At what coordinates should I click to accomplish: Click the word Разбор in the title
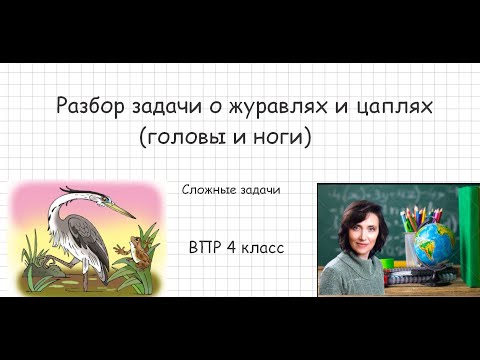(x=83, y=105)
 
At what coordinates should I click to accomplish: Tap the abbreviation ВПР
(x=205, y=246)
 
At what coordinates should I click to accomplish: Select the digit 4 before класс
(x=232, y=246)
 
